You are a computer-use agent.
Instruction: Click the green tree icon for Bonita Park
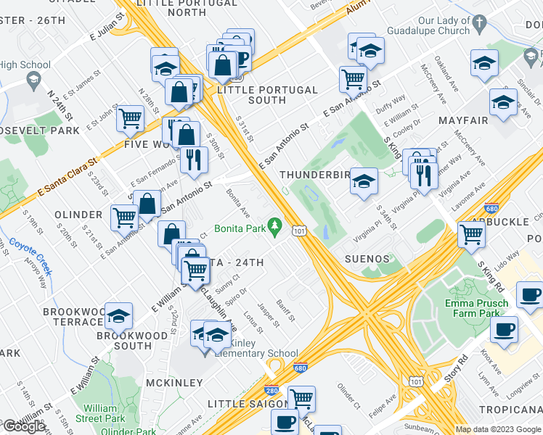(274, 227)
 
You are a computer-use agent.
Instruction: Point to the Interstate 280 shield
(272, 389)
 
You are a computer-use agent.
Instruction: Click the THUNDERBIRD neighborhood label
(311, 175)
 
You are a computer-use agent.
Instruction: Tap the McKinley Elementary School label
(252, 348)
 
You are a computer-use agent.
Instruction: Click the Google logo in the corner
(24, 426)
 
